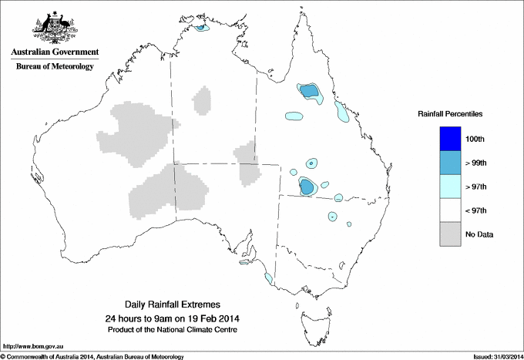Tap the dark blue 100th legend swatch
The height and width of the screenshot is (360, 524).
pyautogui.click(x=450, y=139)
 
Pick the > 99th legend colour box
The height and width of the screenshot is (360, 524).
pyautogui.click(x=450, y=163)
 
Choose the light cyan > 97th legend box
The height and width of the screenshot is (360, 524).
pyautogui.click(x=450, y=187)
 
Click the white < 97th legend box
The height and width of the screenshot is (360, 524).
pyautogui.click(x=450, y=210)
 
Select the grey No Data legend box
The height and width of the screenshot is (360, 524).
pyautogui.click(x=450, y=234)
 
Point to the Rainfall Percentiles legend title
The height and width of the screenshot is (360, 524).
pyautogui.click(x=450, y=114)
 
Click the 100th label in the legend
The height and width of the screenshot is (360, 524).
pyautogui.click(x=475, y=139)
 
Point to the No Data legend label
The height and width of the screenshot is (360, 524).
pyautogui.click(x=479, y=234)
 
